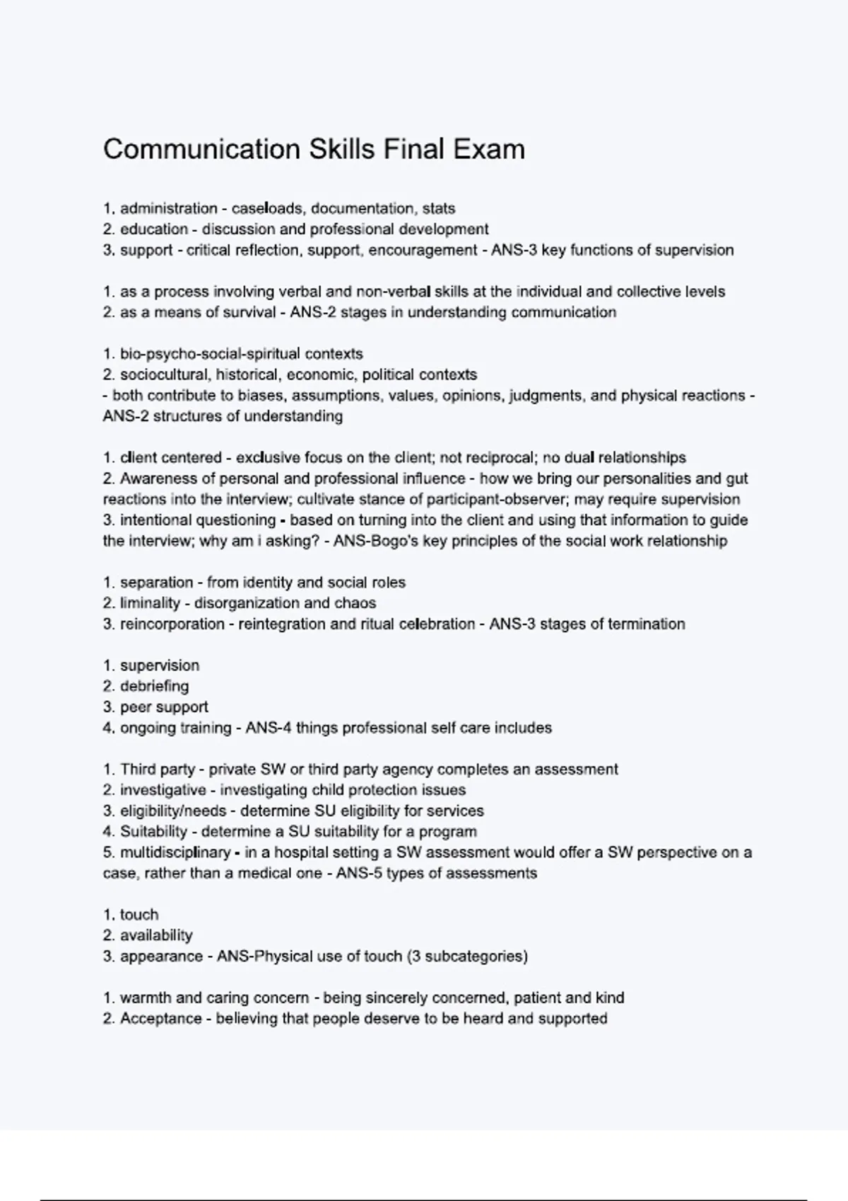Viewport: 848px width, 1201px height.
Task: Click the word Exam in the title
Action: point(488,150)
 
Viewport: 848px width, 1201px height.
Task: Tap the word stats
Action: point(439,208)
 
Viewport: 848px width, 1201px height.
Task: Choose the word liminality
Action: point(150,603)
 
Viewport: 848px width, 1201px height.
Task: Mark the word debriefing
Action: point(154,686)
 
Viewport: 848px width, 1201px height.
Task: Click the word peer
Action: point(134,707)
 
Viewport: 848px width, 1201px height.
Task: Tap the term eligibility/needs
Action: point(173,811)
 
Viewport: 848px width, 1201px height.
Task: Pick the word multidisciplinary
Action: point(175,853)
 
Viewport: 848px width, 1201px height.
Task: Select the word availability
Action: point(156,935)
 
